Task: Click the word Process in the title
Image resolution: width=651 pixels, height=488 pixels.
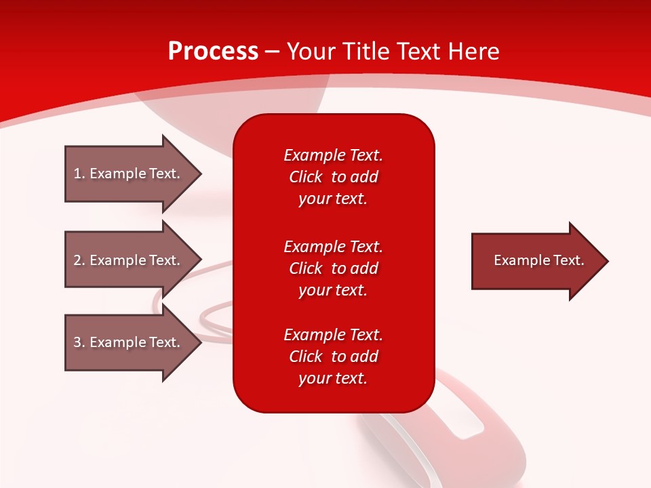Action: click(213, 52)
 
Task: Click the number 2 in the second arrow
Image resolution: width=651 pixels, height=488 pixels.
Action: click(77, 260)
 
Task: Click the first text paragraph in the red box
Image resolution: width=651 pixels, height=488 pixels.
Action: click(333, 177)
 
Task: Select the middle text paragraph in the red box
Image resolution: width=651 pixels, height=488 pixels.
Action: click(333, 268)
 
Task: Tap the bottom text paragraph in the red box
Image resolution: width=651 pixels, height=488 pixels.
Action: click(333, 357)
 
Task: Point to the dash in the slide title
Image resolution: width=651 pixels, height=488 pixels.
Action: click(273, 52)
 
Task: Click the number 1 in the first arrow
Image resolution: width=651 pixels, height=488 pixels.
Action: click(77, 174)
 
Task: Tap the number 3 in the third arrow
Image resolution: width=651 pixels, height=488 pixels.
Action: click(77, 342)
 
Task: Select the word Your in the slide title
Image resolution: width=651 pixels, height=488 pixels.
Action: click(311, 52)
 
